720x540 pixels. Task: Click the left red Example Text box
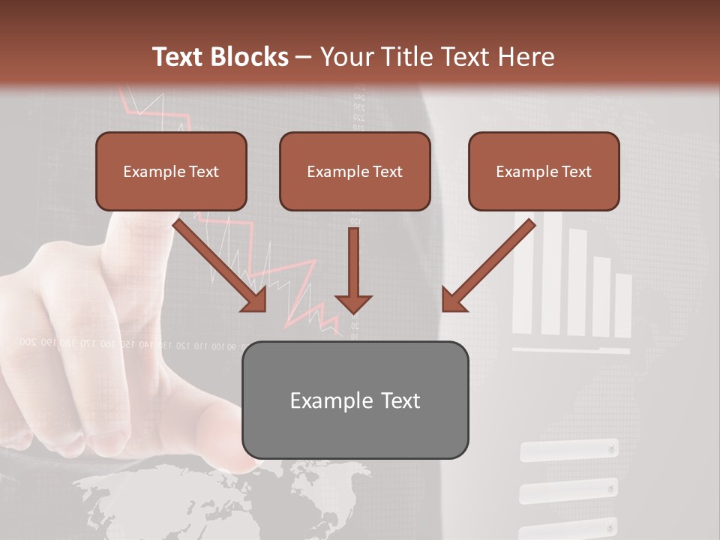171,171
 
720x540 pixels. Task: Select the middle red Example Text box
355,171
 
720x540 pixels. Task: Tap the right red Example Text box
544,171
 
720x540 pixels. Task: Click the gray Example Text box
355,400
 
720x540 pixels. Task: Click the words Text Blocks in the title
220,57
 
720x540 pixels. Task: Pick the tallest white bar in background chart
551,274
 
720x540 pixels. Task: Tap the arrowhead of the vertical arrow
353,303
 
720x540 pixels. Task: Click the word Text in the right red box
576,172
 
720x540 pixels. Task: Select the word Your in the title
343,57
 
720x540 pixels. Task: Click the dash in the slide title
304,57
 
